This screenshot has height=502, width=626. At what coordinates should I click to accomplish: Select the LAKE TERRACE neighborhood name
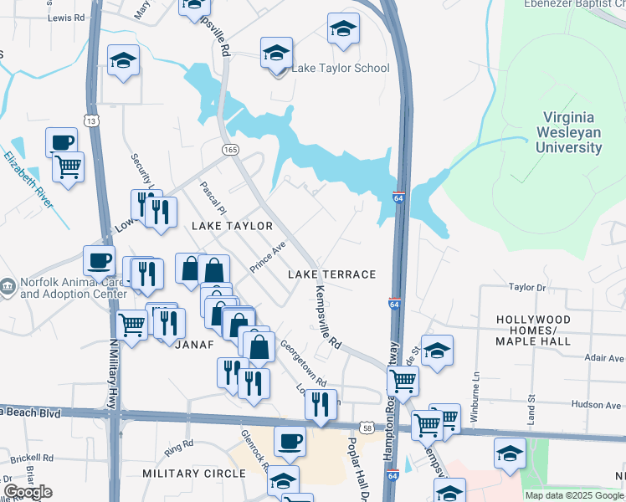332,274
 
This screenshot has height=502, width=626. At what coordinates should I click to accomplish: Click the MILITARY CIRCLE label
194,474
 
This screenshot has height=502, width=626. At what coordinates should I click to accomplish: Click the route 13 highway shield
92,121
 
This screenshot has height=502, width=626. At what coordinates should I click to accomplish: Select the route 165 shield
231,149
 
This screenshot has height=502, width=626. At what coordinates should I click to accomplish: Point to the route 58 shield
367,428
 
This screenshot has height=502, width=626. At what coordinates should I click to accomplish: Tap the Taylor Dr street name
527,287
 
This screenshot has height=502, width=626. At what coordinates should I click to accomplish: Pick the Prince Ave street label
268,258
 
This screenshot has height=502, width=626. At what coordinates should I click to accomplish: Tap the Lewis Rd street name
67,17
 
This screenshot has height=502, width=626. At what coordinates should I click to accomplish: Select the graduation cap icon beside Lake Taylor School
276,54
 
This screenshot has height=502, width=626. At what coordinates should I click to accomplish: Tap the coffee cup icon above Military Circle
290,440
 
